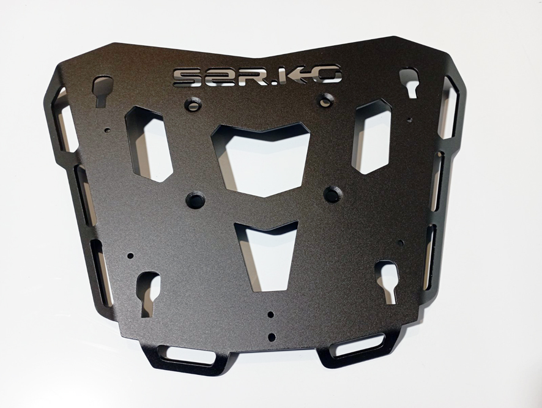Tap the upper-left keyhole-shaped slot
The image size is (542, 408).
tap(103, 91)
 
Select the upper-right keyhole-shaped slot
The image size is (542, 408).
tap(410, 81)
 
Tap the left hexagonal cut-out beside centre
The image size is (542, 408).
tap(149, 144)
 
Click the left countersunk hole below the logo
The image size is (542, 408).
tap(193, 104)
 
